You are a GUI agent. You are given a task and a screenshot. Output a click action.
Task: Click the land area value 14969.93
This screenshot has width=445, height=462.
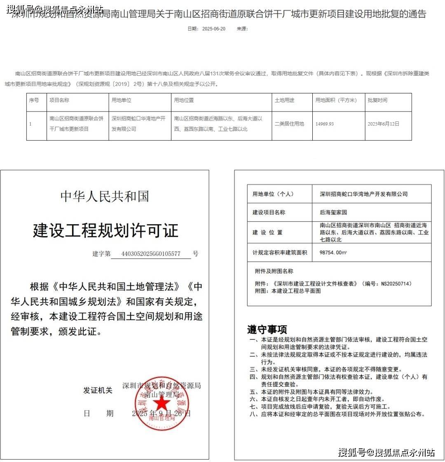(325, 124)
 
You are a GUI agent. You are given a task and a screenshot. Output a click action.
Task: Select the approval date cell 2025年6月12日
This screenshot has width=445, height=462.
(383, 124)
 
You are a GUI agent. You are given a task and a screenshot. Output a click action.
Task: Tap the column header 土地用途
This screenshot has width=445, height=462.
(285, 100)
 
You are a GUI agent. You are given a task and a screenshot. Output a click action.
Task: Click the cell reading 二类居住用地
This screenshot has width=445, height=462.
(289, 124)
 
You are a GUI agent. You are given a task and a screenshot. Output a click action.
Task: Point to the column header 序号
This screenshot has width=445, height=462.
(34, 100)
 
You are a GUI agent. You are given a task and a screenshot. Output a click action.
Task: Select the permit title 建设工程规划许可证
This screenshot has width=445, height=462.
(105, 230)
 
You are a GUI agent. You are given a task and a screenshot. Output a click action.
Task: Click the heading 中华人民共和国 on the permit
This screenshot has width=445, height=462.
(105, 196)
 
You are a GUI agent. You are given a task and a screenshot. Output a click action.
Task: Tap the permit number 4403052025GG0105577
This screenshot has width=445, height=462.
(151, 254)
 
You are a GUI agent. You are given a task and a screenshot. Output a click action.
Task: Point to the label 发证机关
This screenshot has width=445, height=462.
(98, 390)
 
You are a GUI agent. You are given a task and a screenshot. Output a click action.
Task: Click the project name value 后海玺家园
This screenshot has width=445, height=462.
(333, 213)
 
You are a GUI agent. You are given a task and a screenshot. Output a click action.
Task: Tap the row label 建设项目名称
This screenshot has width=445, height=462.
(269, 213)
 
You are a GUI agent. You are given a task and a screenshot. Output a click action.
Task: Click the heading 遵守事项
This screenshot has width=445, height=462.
(267, 330)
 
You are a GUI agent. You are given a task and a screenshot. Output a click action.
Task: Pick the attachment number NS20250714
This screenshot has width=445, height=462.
(395, 283)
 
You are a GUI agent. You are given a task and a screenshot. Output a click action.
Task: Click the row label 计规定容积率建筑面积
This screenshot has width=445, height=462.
(280, 253)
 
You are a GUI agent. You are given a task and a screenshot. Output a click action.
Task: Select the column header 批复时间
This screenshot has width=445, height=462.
(377, 100)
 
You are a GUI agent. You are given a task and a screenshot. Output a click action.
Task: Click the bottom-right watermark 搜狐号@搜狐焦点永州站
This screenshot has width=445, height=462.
(386, 453)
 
